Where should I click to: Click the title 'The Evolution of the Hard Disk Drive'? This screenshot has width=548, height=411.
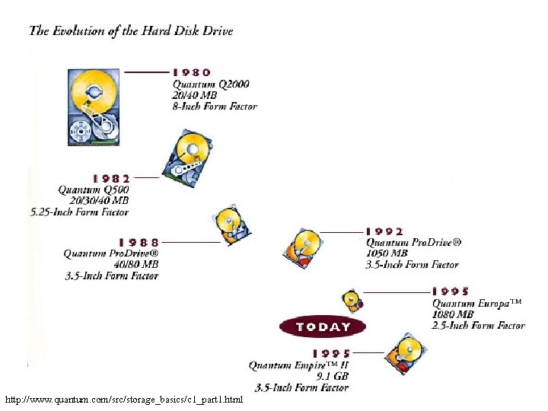131,31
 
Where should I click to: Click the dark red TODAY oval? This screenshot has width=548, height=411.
323,327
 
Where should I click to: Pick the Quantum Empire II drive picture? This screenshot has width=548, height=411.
403,353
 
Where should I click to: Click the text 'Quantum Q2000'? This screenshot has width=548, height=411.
211,84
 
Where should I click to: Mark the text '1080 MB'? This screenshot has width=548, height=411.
453,314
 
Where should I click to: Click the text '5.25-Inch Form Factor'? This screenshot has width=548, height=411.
80,212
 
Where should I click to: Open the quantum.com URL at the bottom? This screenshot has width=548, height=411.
123,400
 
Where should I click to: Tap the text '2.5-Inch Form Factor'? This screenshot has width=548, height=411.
479,326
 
